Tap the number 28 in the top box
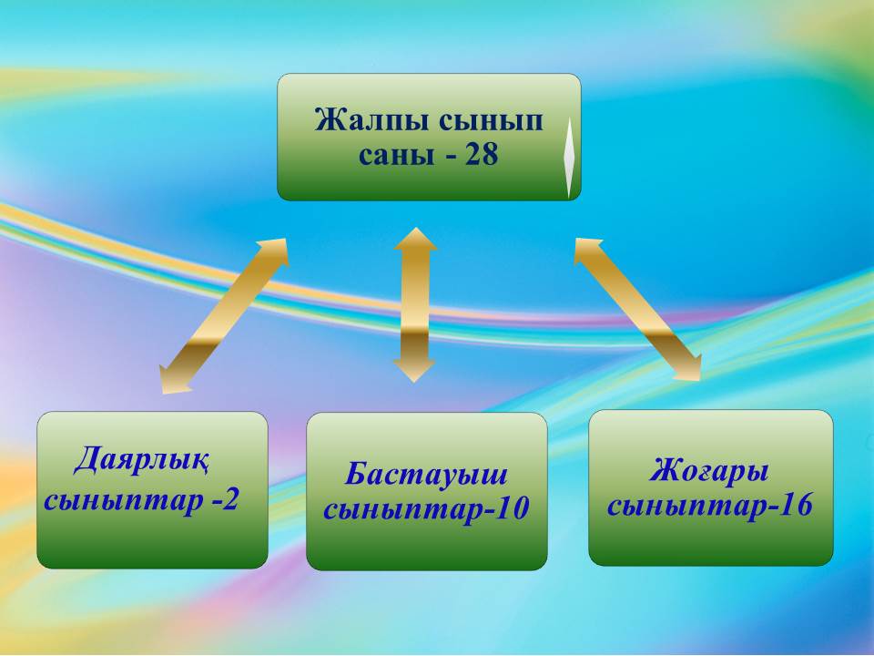point(481,154)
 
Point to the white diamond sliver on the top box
point(568,158)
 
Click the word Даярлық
point(142,461)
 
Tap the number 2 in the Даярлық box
point(230,500)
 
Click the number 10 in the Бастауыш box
point(511,508)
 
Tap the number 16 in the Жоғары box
point(794,505)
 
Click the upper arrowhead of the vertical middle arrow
point(415,240)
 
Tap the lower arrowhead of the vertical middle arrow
point(414,369)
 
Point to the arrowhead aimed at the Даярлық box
point(173,379)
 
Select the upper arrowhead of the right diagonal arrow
point(587,251)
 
